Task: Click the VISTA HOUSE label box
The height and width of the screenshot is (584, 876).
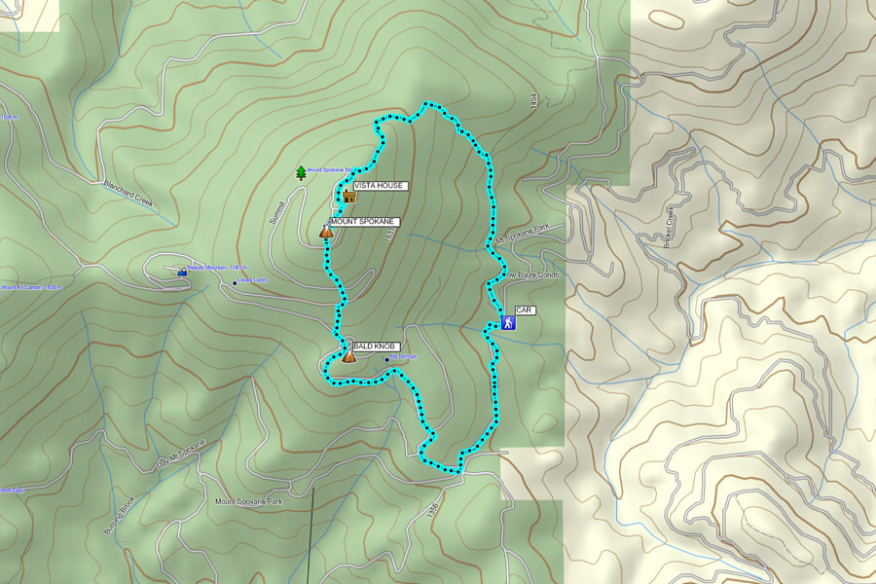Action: coord(379,185)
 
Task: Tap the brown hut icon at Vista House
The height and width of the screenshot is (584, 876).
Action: coord(348,197)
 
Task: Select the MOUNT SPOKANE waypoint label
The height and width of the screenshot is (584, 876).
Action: coord(363,222)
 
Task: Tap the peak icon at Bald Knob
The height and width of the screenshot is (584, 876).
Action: coord(348,356)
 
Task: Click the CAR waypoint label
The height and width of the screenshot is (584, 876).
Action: coord(525,310)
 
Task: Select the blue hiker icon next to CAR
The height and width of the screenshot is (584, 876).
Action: coord(507,322)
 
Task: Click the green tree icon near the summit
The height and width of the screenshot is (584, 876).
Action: coord(300,172)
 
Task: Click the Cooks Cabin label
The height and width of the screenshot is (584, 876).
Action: coord(251,281)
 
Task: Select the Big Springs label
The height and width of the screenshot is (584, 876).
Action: coord(402,357)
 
